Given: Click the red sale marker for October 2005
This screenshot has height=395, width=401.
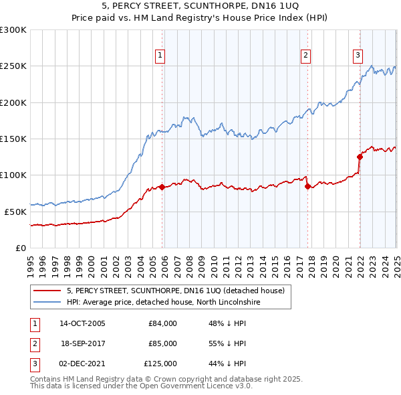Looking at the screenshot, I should (162, 187).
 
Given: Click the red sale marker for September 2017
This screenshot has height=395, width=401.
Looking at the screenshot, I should (307, 186).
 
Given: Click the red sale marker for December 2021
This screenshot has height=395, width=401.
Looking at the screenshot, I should (360, 157).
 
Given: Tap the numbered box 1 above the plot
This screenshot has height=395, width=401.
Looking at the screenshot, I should (161, 56).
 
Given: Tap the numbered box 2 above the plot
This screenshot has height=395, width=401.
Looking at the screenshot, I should (305, 56).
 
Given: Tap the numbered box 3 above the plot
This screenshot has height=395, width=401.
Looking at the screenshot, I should (358, 56).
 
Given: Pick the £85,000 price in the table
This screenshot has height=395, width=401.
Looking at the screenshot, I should (162, 343).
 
